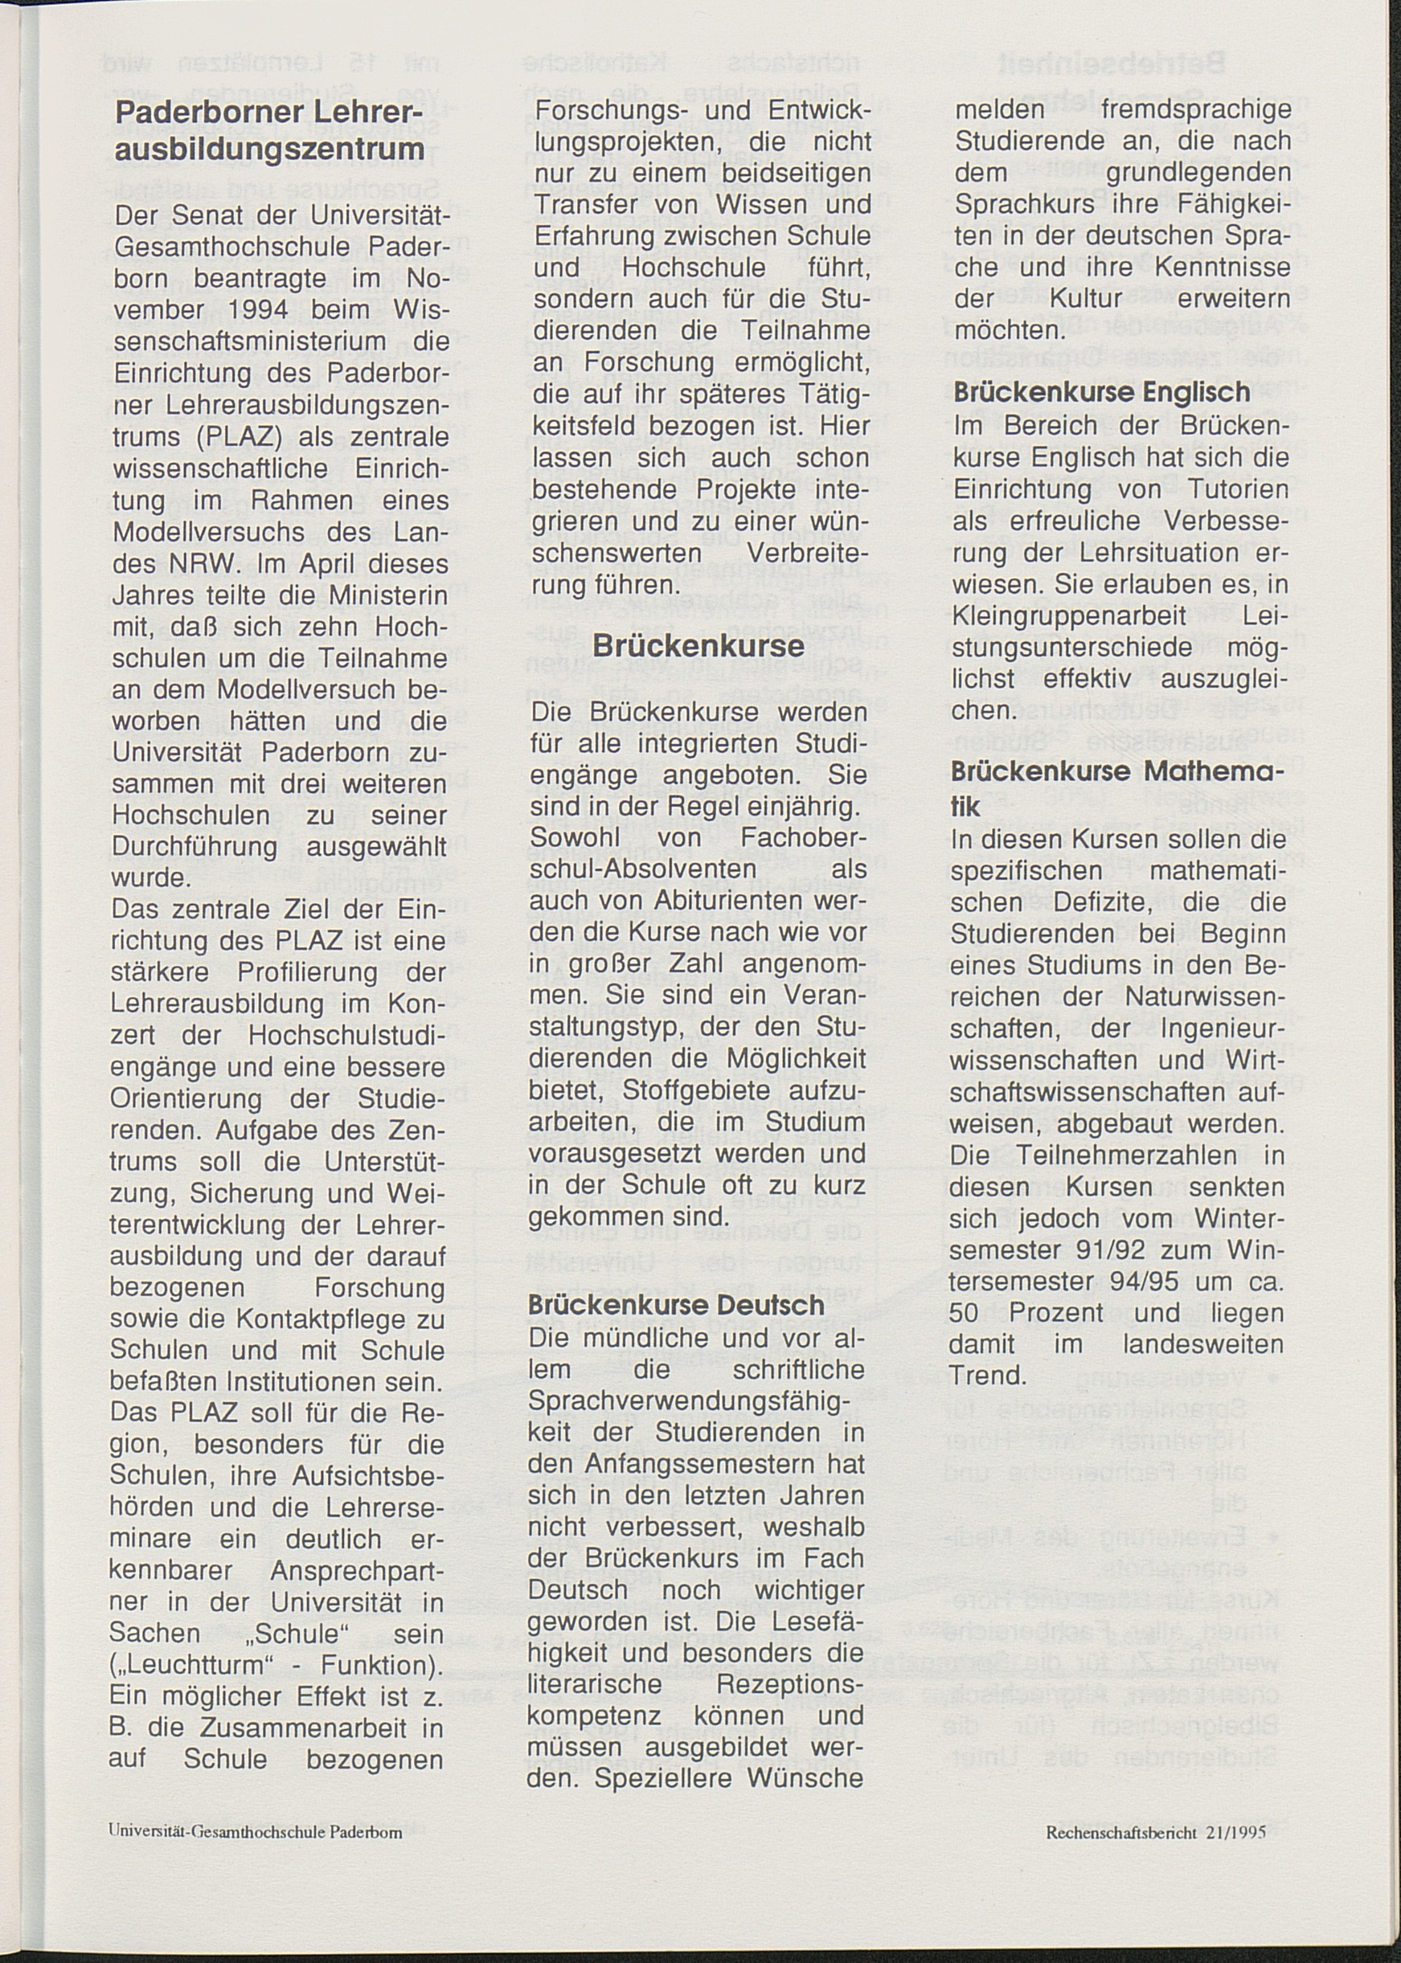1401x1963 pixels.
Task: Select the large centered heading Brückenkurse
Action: click(698, 646)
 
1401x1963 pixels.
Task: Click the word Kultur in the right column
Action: click(1085, 298)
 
